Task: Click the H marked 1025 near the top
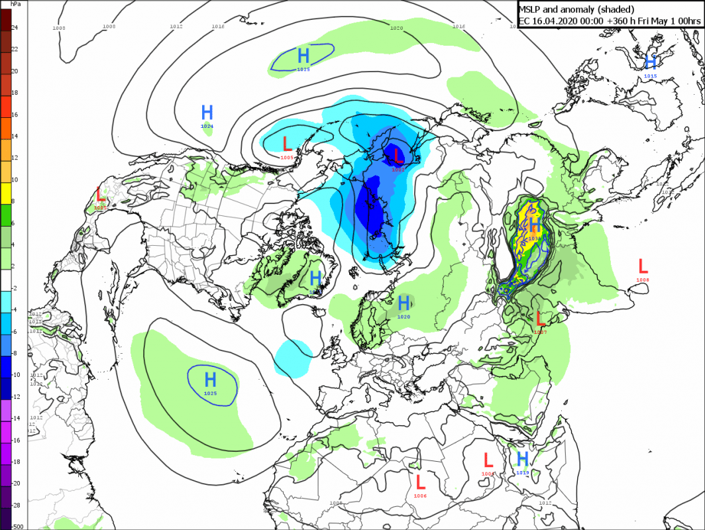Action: coord(303,55)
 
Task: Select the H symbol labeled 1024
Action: coord(207,112)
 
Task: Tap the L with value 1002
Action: coord(398,156)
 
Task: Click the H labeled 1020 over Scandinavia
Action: coord(404,303)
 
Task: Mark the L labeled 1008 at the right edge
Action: coord(642,266)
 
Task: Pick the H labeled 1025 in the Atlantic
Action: coord(211,380)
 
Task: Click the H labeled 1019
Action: coord(522,458)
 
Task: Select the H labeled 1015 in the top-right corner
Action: coord(651,62)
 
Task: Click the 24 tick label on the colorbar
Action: coord(15,28)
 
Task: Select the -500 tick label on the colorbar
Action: coord(17,527)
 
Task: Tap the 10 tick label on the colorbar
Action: coord(15,180)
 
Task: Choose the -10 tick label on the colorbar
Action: coord(16,375)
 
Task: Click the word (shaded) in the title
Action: coord(611,9)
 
